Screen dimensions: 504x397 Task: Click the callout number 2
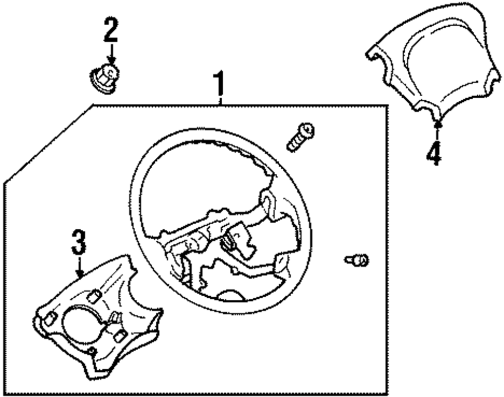tap(110, 30)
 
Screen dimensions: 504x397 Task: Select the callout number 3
tap(78, 243)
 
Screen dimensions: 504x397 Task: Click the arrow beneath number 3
tap(79, 267)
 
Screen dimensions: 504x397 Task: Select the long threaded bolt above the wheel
tap(300, 137)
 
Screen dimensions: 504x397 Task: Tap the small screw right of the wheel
tap(357, 260)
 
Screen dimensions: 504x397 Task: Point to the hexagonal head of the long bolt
tap(307, 130)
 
